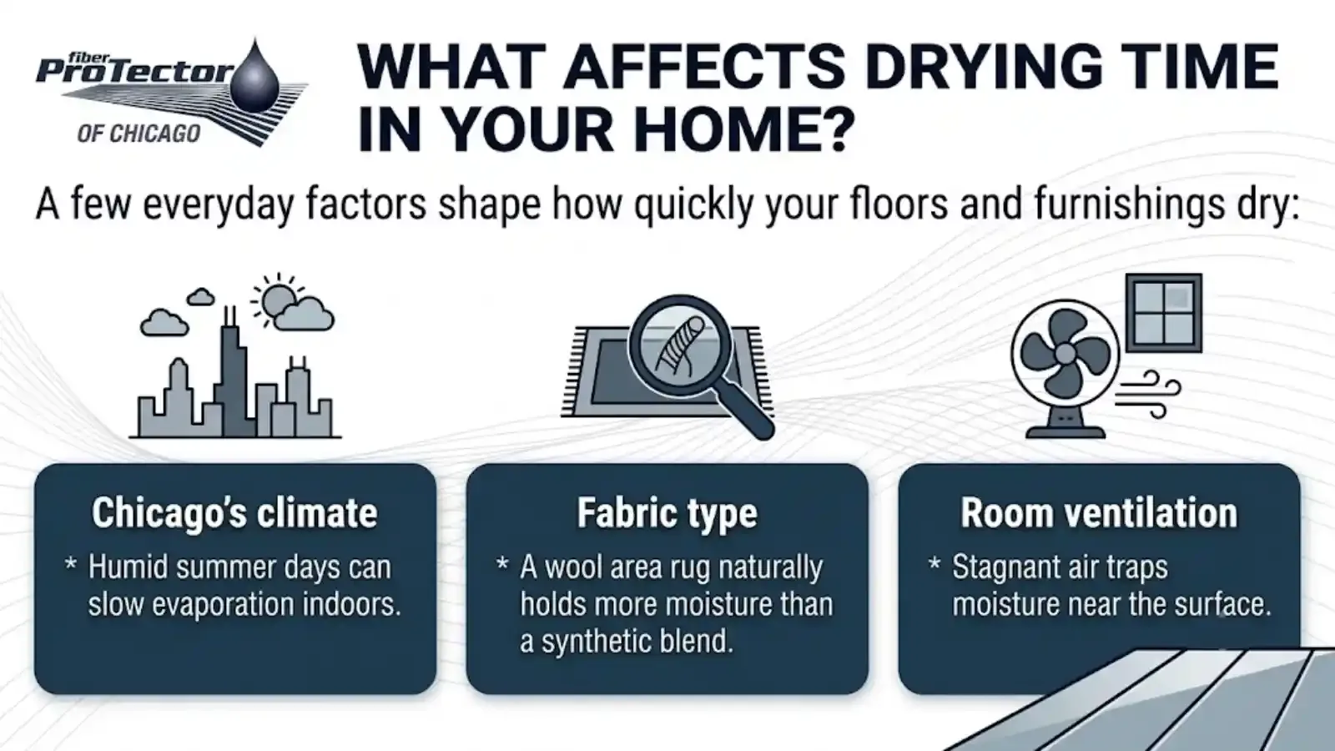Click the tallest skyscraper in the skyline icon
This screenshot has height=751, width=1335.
click(x=230, y=372)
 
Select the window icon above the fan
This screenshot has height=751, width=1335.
click(x=1163, y=313)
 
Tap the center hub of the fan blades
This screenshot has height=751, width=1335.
click(x=1065, y=355)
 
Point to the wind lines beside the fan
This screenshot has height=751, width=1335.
click(x=1147, y=395)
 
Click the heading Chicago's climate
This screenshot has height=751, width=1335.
click(x=234, y=512)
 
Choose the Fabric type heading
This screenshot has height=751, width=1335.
click(x=667, y=513)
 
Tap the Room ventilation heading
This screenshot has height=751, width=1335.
click(x=1099, y=512)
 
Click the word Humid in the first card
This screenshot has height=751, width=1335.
click(x=128, y=567)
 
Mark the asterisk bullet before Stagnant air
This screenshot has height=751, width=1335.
click(x=935, y=563)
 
